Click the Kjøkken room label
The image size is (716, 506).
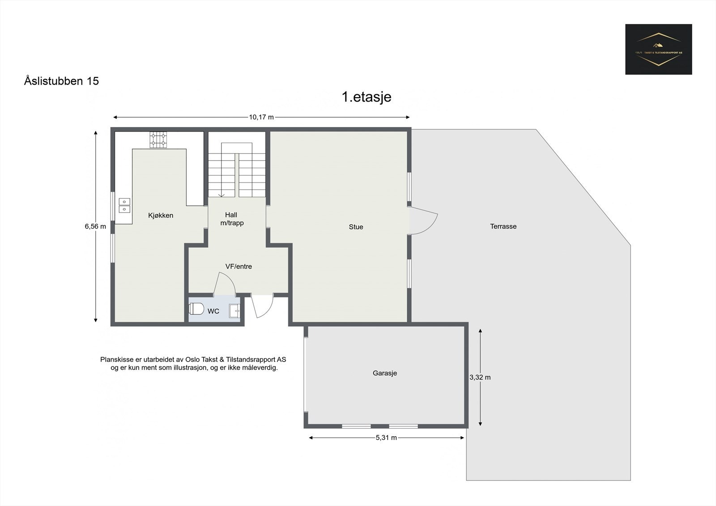click(x=161, y=215)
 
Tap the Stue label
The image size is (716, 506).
click(x=356, y=227)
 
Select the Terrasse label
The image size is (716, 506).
click(x=503, y=226)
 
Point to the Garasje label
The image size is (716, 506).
click(x=385, y=373)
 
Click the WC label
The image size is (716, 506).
click(x=213, y=311)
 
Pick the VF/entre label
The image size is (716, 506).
click(x=239, y=266)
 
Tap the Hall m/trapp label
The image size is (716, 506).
click(x=232, y=219)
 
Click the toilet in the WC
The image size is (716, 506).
click(x=196, y=309)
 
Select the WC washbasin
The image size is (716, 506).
click(x=235, y=310)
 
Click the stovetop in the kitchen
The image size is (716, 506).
click(x=158, y=140)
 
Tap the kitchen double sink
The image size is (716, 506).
click(x=124, y=205)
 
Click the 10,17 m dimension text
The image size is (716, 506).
click(x=261, y=117)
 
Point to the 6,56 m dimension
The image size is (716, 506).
click(x=95, y=226)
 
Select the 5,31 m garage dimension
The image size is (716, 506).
click(x=386, y=438)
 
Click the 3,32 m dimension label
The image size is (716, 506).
click(x=480, y=377)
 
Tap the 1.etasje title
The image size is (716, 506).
click(x=367, y=97)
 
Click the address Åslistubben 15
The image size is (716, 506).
click(x=61, y=81)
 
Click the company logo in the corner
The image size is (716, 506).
click(x=658, y=49)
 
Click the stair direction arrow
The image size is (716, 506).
click(x=221, y=194)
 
